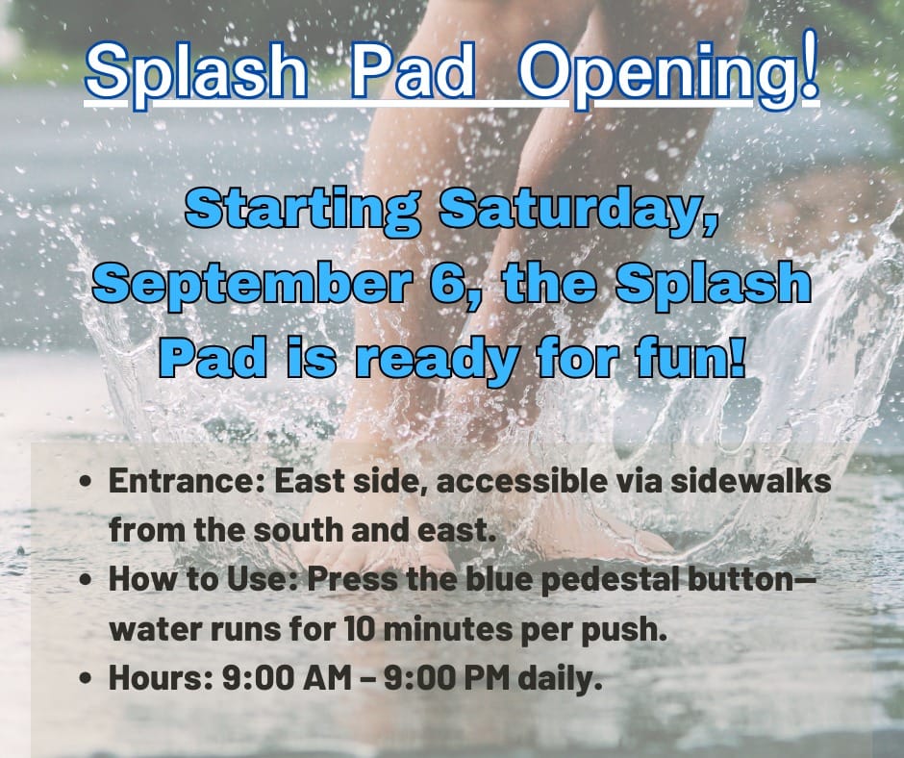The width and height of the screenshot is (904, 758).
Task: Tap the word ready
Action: (x=434, y=361)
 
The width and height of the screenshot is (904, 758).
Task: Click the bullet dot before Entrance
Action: (x=86, y=481)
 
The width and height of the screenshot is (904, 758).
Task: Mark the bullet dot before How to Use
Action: (x=86, y=579)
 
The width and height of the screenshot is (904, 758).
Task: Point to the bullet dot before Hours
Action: (x=86, y=678)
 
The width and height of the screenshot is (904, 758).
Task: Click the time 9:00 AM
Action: (x=286, y=678)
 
